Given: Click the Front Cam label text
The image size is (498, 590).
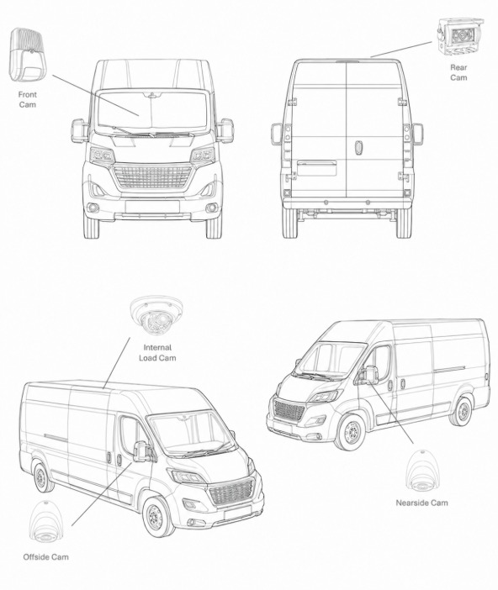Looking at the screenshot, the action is tap(28, 99).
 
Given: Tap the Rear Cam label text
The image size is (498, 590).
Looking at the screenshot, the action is tap(458, 72).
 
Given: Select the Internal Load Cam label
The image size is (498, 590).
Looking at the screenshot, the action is tap(157, 352).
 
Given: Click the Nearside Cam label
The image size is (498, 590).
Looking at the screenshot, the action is tap(422, 503).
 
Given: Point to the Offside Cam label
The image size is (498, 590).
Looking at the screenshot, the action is tap(46, 557).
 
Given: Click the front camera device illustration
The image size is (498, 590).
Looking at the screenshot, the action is tap(25, 54).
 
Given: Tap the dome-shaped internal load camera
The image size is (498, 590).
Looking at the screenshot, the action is tap(156, 314).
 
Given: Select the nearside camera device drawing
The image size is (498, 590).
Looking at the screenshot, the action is tap(422, 471).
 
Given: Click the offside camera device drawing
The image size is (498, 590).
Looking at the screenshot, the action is tap(46, 523).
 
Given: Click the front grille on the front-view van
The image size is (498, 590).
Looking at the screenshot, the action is tap(152, 176).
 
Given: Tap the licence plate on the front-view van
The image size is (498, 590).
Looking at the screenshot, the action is tap(152, 207).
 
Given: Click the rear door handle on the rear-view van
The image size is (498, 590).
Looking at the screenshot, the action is tap(358, 147).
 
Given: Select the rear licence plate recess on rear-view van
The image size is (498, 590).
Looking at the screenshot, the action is tap(317, 168).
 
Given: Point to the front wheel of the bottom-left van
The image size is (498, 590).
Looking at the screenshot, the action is tap(158, 517).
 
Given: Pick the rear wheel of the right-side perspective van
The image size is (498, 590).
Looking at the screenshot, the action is tap(462, 411).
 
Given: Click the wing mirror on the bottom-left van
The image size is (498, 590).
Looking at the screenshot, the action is tap(140, 450).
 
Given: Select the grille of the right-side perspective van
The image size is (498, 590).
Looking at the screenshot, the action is tap(289, 410).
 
